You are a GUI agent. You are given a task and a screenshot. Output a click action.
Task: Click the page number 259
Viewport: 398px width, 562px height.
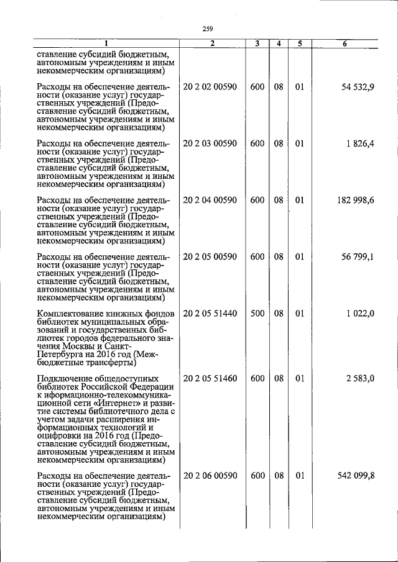click(x=208, y=28)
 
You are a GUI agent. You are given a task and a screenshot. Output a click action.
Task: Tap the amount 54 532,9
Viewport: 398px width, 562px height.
click(x=358, y=87)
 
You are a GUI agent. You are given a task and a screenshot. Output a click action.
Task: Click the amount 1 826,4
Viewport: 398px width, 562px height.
click(x=361, y=143)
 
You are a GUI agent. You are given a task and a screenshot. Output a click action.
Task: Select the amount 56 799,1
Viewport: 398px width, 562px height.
click(x=358, y=256)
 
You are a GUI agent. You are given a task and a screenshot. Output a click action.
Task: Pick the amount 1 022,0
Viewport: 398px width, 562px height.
click(x=361, y=314)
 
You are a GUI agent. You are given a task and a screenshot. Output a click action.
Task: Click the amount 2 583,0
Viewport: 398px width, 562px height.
click(x=361, y=377)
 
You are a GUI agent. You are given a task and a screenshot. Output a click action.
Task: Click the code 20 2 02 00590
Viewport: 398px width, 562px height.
click(x=210, y=87)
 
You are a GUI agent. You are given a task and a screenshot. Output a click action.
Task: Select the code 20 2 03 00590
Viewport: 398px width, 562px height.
click(x=210, y=143)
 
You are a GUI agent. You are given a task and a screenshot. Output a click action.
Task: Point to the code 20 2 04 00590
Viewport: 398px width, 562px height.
click(x=210, y=200)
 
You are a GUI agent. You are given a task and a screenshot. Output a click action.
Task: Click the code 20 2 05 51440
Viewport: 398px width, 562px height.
click(x=210, y=314)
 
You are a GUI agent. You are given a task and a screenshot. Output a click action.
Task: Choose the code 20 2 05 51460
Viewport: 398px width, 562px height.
click(x=210, y=377)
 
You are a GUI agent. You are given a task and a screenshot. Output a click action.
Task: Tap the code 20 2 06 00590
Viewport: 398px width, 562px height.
click(x=210, y=475)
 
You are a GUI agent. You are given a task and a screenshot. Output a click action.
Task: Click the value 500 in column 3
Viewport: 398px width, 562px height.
click(x=257, y=314)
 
